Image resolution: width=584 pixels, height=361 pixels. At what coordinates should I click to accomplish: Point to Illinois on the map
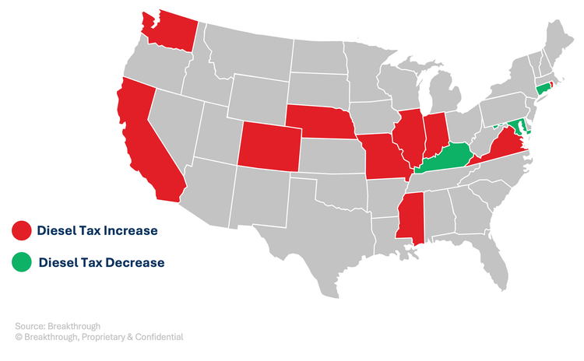tap(406, 136)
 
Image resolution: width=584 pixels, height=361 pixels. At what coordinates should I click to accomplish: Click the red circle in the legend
tap(21, 230)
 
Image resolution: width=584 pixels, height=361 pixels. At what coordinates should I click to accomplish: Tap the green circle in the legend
tap(21, 262)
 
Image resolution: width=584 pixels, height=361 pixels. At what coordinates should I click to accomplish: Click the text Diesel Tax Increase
tap(97, 230)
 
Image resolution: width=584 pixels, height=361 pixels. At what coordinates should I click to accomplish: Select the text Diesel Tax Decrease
tap(101, 262)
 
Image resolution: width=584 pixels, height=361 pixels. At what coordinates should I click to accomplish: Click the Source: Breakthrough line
tap(58, 325)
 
